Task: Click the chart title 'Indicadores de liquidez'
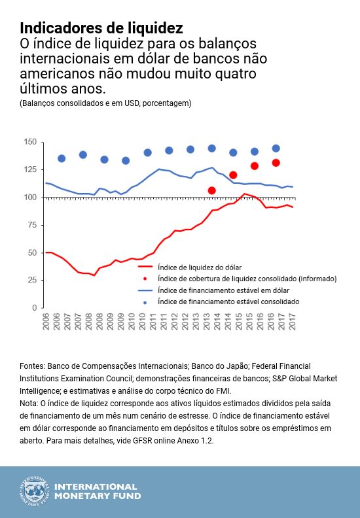101,28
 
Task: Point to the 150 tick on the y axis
29,142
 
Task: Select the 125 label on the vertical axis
29,169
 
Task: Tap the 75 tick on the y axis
31,225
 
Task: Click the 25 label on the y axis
31,280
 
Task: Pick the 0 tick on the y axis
33,307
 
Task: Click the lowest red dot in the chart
211,190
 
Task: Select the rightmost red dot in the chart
276,163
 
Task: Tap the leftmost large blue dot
62,158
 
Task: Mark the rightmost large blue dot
276,148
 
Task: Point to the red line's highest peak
245,194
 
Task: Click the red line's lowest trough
94,275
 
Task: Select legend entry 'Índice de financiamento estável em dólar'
223,290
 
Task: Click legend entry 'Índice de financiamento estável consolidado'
228,302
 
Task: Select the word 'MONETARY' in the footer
82,496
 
